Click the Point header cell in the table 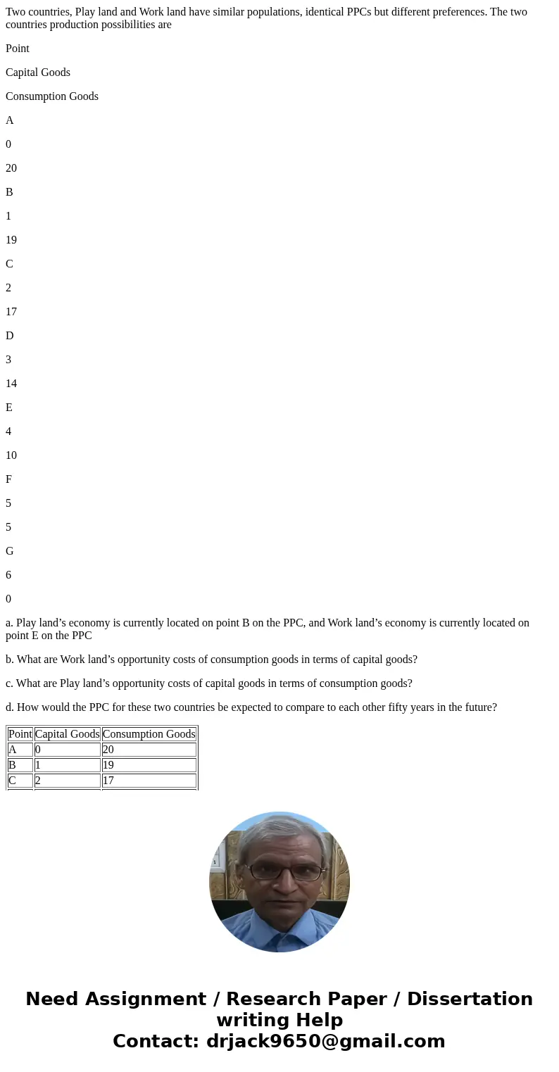click(x=20, y=734)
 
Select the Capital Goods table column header click(x=67, y=734)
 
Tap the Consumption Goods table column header click(x=149, y=734)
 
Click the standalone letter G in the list click(x=10, y=551)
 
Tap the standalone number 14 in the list click(x=11, y=384)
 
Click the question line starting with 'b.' click(x=211, y=660)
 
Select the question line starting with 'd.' click(x=251, y=707)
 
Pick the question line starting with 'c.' click(x=209, y=683)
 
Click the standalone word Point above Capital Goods click(x=18, y=49)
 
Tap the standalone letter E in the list click(x=9, y=408)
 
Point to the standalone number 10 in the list click(x=11, y=455)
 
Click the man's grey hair click(x=280, y=834)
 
